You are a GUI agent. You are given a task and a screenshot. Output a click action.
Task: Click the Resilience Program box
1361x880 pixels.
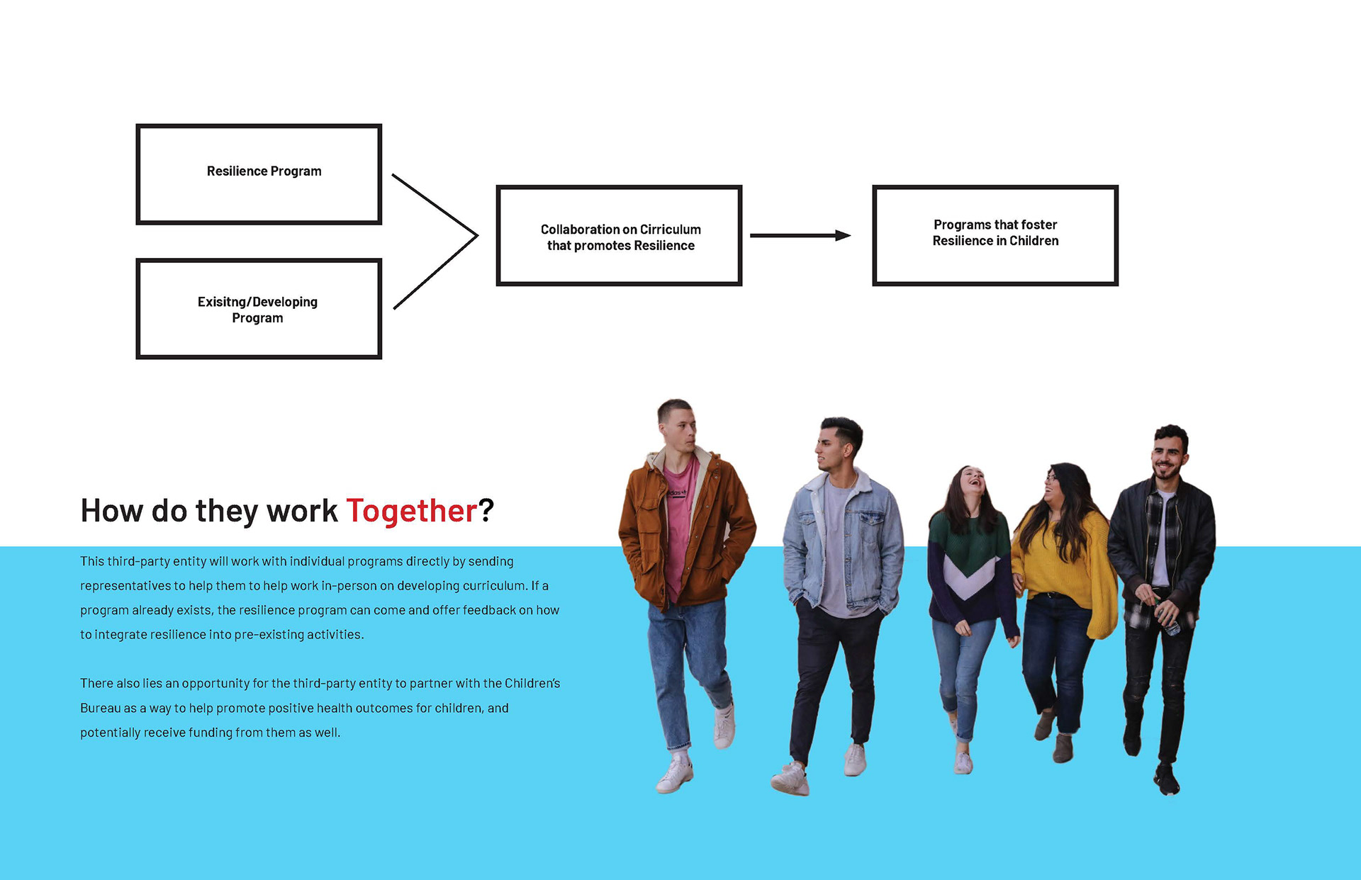[259, 174]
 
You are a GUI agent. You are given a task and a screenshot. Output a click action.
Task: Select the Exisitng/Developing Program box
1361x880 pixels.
[259, 309]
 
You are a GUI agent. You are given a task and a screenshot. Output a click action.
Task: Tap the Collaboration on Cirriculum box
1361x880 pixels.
[619, 236]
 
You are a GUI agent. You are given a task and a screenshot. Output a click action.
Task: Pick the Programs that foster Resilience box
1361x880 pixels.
[995, 236]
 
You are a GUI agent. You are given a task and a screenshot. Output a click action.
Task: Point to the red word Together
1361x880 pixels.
[411, 511]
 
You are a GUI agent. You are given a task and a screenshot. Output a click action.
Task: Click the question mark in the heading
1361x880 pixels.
[486, 510]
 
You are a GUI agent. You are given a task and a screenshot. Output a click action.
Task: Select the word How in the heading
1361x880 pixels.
[111, 511]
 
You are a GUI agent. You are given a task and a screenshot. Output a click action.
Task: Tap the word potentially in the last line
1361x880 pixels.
[111, 733]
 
